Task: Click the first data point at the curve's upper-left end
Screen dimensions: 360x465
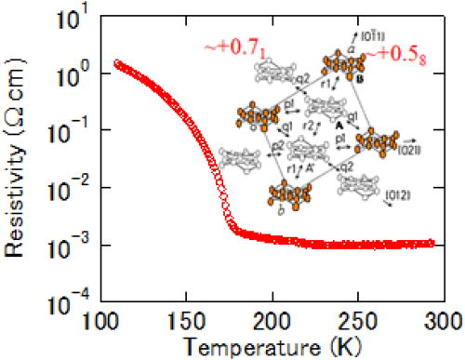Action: click(x=116, y=63)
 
